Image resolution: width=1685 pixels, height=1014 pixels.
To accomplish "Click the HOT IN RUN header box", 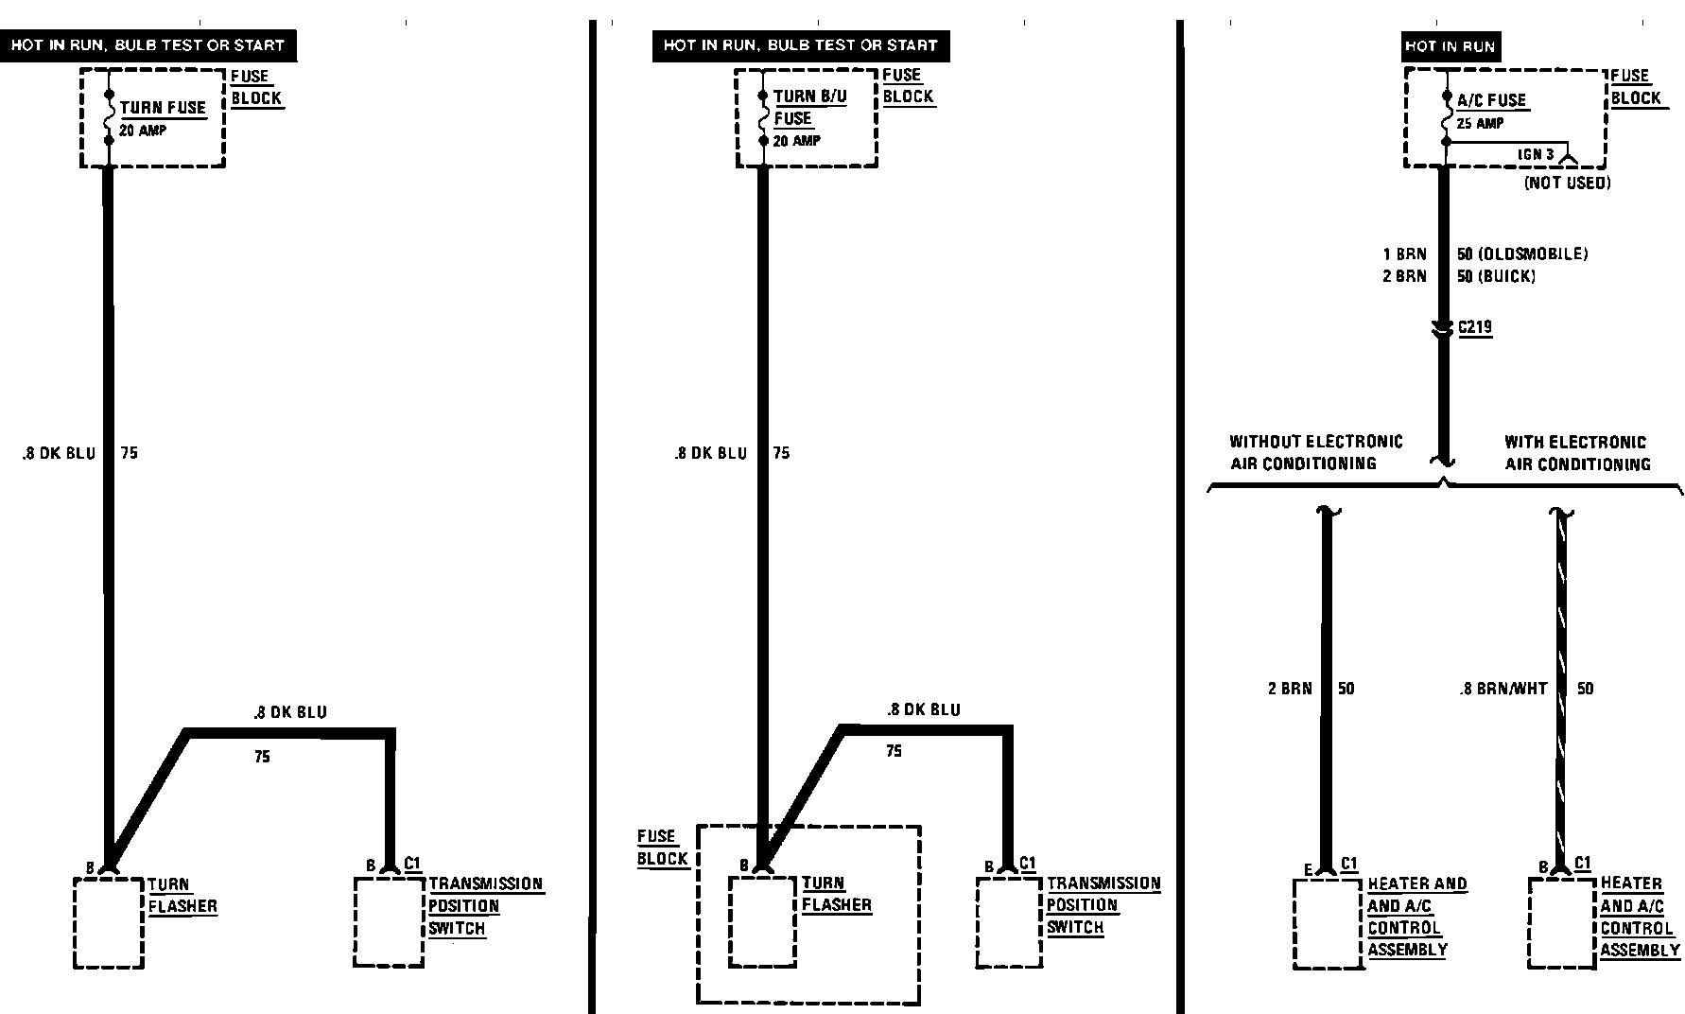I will pyautogui.click(x=1450, y=45).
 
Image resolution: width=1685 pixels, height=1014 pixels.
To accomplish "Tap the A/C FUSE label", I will pyautogui.click(x=1491, y=100).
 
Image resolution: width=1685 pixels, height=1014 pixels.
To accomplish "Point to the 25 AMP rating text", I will pyautogui.click(x=1480, y=124).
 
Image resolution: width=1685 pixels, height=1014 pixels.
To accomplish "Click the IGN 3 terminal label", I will pyautogui.click(x=1536, y=154).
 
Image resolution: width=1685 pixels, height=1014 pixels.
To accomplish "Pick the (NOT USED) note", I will pyautogui.click(x=1567, y=183).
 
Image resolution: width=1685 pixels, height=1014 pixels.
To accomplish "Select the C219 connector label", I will pyautogui.click(x=1475, y=327).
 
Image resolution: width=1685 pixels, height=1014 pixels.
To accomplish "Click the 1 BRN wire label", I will pyautogui.click(x=1404, y=253).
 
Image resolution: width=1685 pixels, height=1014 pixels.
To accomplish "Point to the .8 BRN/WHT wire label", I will pyautogui.click(x=1503, y=689).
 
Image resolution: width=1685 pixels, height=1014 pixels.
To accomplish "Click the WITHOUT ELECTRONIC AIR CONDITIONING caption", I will pyautogui.click(x=1315, y=452).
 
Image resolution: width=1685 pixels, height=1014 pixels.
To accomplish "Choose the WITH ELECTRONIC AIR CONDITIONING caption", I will pyautogui.click(x=1576, y=453).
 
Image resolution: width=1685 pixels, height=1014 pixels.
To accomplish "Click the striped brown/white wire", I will pyautogui.click(x=1561, y=681).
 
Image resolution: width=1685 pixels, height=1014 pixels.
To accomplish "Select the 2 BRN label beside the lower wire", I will pyautogui.click(x=1290, y=689).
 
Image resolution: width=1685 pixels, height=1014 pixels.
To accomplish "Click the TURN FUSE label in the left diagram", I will pyautogui.click(x=163, y=108).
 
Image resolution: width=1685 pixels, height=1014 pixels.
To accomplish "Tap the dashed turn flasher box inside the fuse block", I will pyautogui.click(x=762, y=921).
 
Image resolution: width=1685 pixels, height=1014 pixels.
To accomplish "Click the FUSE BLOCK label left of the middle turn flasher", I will pyautogui.click(x=662, y=848).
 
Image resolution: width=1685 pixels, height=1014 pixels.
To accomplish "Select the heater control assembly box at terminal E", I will pyautogui.click(x=1328, y=923).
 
